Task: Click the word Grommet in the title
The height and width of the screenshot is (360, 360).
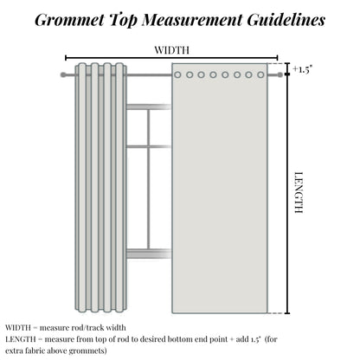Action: click(x=69, y=20)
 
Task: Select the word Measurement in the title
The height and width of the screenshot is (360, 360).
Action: click(x=192, y=20)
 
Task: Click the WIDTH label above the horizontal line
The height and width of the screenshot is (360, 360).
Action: click(x=172, y=50)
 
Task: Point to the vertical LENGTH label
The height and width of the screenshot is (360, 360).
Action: click(x=299, y=192)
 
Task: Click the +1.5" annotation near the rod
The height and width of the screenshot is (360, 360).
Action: click(x=303, y=69)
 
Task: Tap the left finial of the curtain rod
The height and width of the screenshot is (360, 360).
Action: click(x=63, y=75)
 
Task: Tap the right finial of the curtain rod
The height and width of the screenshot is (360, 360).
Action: click(x=280, y=75)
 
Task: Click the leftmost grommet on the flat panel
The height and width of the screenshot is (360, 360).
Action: click(x=177, y=75)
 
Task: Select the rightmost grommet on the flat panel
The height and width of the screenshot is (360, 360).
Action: click(x=260, y=75)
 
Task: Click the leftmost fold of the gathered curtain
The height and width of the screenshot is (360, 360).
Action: click(x=82, y=188)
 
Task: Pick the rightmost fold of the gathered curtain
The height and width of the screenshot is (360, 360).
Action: click(x=119, y=188)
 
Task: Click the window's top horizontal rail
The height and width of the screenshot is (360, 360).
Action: click(x=149, y=107)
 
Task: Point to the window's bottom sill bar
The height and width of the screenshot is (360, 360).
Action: click(x=149, y=254)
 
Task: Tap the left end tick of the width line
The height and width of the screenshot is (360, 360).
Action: click(x=66, y=58)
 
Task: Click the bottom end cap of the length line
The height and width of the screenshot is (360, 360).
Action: click(x=287, y=313)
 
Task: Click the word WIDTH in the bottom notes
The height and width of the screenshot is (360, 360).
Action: click(x=17, y=328)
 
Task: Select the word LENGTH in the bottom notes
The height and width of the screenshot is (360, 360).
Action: click(x=20, y=339)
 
